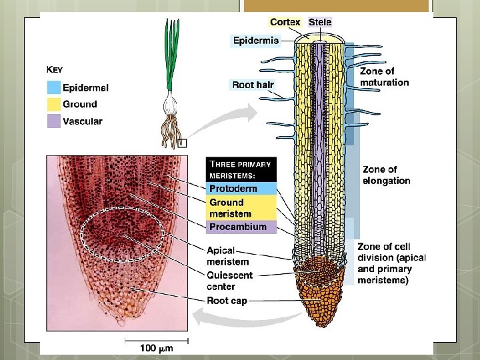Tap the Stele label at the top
tap(320, 22)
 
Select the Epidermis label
tap(255, 40)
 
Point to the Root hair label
tap(253, 85)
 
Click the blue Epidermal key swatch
tap(53, 87)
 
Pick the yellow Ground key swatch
tap(53, 104)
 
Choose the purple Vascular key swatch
tap(53, 121)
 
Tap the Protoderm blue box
tap(240, 188)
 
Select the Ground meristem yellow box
tap(240, 208)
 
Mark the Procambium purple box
tap(240, 227)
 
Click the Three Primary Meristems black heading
tap(240, 169)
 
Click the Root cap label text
tap(227, 301)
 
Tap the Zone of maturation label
tap(384, 77)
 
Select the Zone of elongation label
tap(387, 175)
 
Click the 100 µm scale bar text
tap(157, 348)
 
